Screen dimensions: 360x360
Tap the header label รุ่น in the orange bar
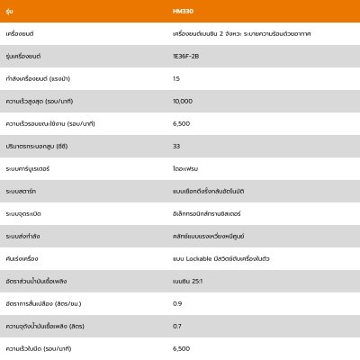(x=9, y=10)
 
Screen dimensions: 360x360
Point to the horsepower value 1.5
(x=175, y=78)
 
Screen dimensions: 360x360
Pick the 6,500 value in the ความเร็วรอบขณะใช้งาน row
(x=180, y=123)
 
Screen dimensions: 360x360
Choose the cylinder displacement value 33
(x=176, y=146)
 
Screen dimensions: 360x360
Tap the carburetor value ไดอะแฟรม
(x=186, y=167)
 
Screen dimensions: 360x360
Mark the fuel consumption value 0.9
(x=176, y=302)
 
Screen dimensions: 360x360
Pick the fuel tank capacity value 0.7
(x=176, y=325)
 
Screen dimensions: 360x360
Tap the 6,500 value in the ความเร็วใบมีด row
(x=180, y=347)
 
